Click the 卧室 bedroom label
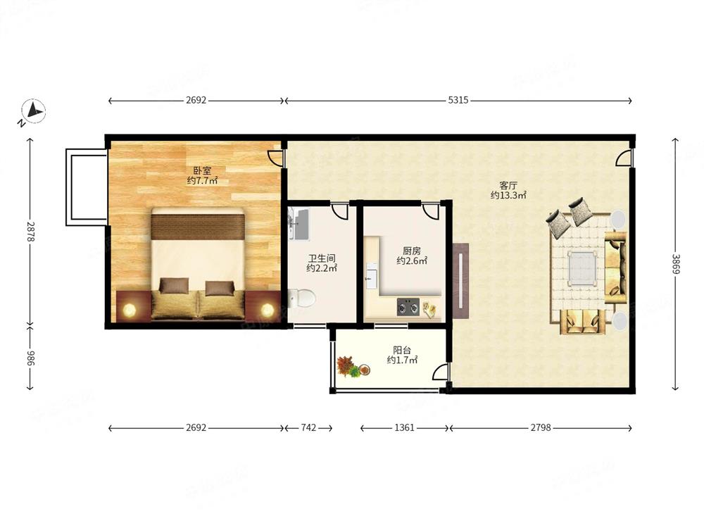(x=202, y=170)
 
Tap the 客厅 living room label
(x=508, y=185)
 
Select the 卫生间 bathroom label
(x=322, y=258)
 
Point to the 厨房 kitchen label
(x=411, y=251)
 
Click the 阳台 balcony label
(x=402, y=350)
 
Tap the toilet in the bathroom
(x=302, y=298)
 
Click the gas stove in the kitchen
(x=408, y=307)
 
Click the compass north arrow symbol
(x=33, y=111)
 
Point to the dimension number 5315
(x=458, y=100)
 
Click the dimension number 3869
(x=675, y=264)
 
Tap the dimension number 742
(x=308, y=427)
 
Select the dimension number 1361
(x=404, y=427)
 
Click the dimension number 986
(x=30, y=358)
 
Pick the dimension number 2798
(x=541, y=427)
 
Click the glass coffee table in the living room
(x=582, y=268)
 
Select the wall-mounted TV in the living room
(x=460, y=281)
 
